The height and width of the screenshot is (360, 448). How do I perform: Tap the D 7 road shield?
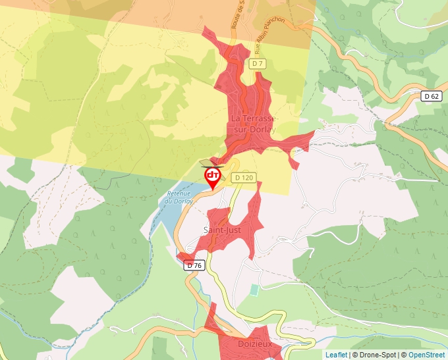coord(258,63)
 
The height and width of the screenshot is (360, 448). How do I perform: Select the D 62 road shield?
coord(432,96)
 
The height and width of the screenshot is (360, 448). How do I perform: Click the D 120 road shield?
coord(243,177)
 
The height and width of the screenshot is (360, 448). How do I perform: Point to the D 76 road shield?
coord(195,265)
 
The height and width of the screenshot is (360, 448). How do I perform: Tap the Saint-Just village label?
coord(223,230)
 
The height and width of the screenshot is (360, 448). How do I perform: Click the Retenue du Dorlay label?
coord(179,197)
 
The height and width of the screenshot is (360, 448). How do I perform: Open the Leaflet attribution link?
coord(336,355)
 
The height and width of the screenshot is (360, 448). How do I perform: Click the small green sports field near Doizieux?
coord(255,290)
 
